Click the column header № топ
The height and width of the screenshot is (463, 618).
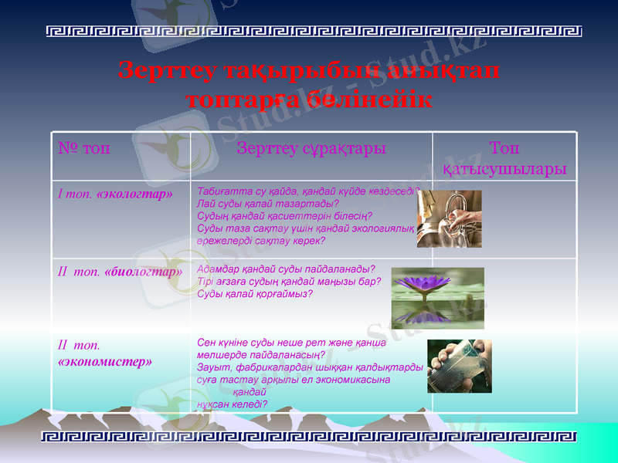point(84,148)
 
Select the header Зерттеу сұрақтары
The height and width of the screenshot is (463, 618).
point(311,148)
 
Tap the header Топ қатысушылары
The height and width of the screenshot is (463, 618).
point(504,157)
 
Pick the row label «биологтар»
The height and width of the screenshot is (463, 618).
point(143,272)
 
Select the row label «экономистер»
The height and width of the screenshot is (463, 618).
point(104,360)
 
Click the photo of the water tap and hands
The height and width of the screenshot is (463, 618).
point(449,218)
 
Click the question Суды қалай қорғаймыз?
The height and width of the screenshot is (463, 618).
point(255,294)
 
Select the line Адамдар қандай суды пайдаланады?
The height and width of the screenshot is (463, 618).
point(286,269)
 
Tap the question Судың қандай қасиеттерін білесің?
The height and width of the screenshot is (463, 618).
point(284,216)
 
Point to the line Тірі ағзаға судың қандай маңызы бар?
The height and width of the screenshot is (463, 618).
point(289,282)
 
